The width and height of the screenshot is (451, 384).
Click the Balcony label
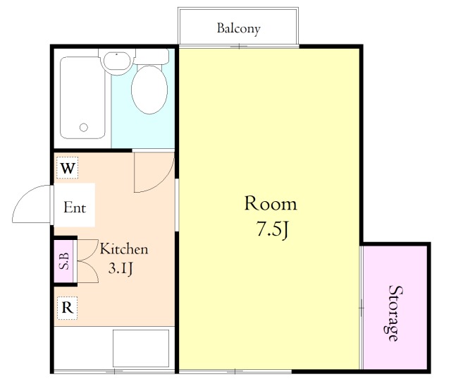(238, 28)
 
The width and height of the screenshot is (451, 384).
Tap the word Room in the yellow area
(271, 203)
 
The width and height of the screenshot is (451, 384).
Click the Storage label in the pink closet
(395, 313)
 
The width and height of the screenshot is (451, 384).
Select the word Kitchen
(124, 249)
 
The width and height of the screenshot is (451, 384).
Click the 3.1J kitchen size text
(121, 269)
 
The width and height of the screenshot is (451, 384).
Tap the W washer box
(68, 168)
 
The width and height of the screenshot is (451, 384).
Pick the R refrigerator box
(68, 308)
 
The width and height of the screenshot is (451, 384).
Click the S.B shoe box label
(64, 261)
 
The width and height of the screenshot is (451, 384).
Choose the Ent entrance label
(75, 208)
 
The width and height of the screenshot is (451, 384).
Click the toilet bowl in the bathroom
(149, 90)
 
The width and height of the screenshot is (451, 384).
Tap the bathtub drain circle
(84, 127)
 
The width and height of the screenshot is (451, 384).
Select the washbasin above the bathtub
(116, 61)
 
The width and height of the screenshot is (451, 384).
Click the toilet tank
(152, 56)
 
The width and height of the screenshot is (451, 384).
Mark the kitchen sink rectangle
(141, 349)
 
